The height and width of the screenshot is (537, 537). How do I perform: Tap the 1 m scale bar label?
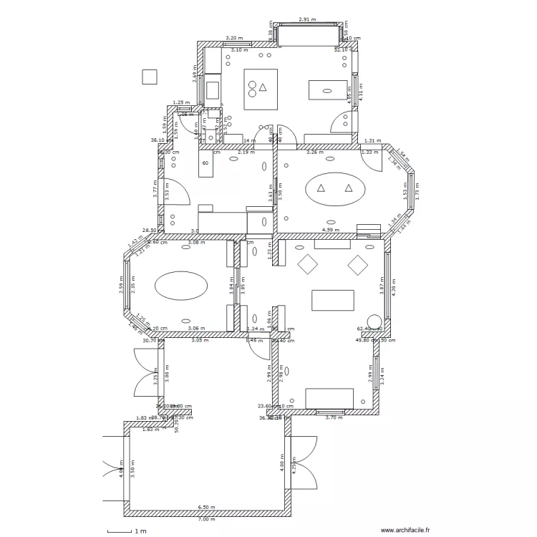[x=140, y=531]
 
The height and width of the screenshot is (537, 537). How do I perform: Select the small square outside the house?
[x=150, y=76]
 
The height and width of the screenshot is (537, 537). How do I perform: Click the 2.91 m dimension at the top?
[x=307, y=20]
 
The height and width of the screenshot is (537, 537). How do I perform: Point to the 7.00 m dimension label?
[x=207, y=519]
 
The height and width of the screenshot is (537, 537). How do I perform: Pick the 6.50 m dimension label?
[x=207, y=508]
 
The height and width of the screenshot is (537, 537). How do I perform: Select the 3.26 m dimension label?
[x=316, y=153]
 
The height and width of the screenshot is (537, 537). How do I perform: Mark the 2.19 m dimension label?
[x=247, y=153]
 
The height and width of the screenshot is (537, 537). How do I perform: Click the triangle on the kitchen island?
[x=263, y=87]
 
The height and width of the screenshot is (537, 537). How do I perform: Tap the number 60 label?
[x=205, y=163]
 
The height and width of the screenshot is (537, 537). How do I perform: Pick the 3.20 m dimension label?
[x=233, y=38]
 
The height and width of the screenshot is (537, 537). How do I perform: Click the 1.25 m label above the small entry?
[x=182, y=102]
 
